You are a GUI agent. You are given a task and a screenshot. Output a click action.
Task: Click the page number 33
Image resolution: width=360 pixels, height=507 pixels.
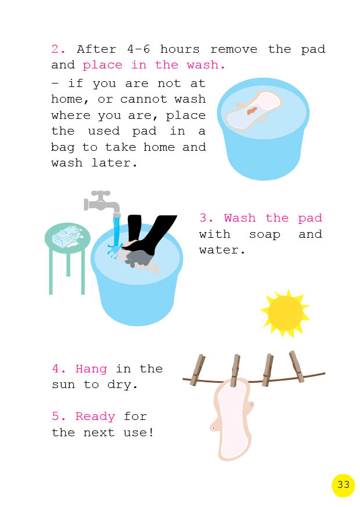tap(343, 484)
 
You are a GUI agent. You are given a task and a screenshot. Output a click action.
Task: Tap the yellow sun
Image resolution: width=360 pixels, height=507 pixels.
tap(285, 313)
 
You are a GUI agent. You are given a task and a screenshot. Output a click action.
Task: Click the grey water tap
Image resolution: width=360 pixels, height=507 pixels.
tap(102, 202)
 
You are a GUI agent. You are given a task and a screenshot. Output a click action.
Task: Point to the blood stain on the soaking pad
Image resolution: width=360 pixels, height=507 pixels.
tap(252, 111)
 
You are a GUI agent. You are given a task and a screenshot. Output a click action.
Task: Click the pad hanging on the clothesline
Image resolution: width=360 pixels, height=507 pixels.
tap(232, 419)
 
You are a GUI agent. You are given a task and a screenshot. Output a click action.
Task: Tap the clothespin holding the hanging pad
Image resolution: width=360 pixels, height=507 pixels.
tap(235, 371)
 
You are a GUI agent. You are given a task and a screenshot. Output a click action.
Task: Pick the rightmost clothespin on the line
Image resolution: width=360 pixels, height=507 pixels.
tap(297, 367)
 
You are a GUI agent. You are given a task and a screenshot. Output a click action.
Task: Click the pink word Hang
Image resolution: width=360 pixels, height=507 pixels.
tap(91, 369)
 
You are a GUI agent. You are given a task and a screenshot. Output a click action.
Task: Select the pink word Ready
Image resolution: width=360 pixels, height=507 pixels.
tap(95, 417)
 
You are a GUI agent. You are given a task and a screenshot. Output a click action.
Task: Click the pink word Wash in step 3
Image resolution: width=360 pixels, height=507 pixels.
tap(240, 218)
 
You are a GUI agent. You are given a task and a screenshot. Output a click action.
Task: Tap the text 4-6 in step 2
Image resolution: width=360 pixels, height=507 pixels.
tap(139, 49)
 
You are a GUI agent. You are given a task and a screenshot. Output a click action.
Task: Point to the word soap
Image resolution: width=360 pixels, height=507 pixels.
tap(265, 235)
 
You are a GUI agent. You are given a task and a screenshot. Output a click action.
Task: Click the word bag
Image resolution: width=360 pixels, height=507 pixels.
tap(63, 148)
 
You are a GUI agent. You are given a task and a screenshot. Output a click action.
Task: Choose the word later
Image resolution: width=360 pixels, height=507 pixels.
tap(114, 162)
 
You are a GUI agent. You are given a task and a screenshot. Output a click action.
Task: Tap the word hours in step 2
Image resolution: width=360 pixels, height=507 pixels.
tap(179, 49)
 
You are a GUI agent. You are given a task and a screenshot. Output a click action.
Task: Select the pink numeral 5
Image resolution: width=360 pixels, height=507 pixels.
tap(56, 416)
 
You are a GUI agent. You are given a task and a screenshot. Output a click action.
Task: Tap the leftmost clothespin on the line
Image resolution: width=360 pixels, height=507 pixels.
tap(197, 370)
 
